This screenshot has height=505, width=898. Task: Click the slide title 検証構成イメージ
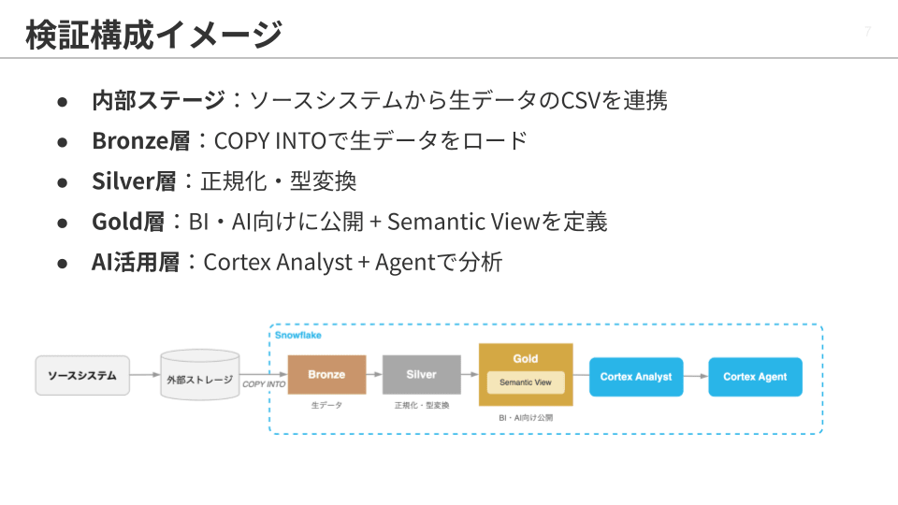click(153, 35)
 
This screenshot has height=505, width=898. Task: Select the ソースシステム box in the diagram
click(82, 376)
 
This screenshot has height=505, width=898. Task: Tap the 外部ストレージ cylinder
click(200, 375)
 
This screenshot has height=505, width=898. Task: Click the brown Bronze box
click(326, 374)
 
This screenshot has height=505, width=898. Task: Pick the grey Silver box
click(422, 374)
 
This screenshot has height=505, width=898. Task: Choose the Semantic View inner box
click(526, 382)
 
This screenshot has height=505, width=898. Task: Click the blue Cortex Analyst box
click(636, 377)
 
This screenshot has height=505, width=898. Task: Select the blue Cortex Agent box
click(756, 377)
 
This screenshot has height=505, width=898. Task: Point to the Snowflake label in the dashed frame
click(297, 335)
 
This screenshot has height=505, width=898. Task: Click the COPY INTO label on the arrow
click(264, 384)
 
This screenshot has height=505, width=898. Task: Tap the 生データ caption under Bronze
click(326, 405)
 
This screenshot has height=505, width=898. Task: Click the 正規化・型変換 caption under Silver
click(422, 405)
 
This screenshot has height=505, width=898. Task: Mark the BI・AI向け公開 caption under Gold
click(526, 418)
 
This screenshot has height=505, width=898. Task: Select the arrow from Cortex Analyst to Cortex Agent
click(696, 376)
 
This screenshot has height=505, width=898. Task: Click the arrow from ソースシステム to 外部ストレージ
click(146, 375)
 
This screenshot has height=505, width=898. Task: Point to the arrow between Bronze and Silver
click(374, 374)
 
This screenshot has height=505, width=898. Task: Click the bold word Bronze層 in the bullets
click(141, 141)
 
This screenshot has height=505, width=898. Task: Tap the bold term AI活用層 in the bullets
click(136, 262)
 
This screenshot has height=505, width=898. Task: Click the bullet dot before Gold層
click(63, 224)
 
